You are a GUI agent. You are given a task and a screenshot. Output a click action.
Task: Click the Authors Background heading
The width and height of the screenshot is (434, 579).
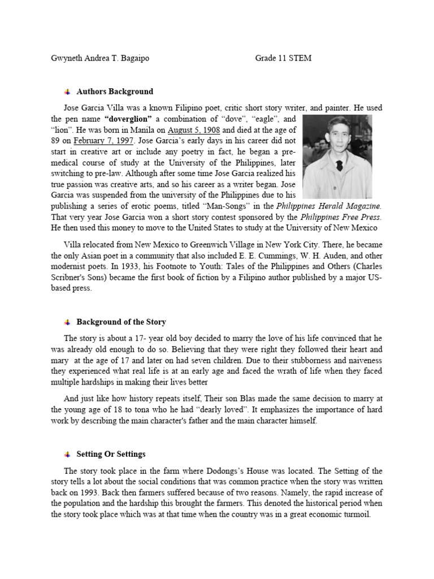point(114,92)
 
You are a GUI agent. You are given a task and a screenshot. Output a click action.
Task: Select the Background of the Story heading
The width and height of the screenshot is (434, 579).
point(121,322)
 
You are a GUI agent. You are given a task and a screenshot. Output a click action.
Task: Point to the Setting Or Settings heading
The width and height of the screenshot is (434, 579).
point(111,454)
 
